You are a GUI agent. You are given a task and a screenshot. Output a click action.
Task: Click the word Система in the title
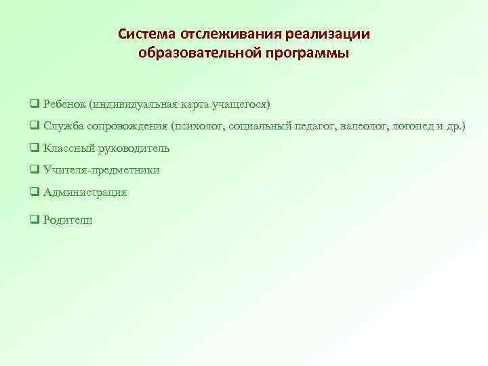click(145, 34)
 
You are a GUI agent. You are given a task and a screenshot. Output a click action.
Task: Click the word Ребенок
click(64, 104)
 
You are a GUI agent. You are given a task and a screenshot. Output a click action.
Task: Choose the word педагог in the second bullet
click(321, 126)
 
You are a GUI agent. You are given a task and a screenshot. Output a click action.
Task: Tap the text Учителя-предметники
click(102, 170)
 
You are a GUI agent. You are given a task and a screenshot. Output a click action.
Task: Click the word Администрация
click(85, 192)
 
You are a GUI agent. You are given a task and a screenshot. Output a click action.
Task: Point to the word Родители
click(68, 220)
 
